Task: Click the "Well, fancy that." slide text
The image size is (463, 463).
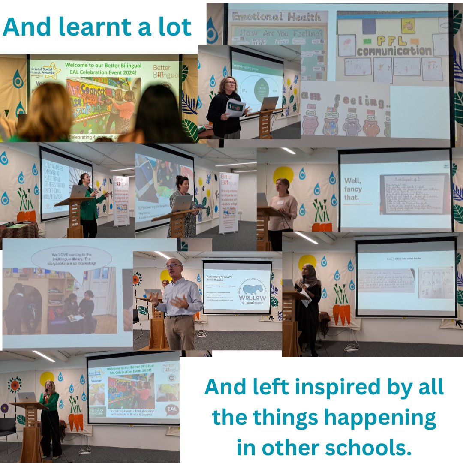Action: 353,189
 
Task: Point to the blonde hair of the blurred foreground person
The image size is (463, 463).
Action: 45,111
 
